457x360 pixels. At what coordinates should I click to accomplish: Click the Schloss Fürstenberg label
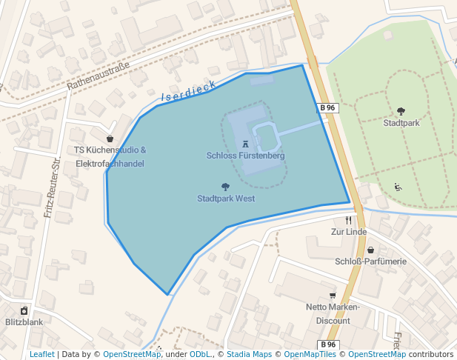pos(245,156)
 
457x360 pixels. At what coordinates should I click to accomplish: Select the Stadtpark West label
pos(226,199)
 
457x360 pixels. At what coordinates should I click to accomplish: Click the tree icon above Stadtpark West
pos(226,187)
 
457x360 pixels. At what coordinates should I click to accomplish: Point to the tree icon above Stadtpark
pos(401,112)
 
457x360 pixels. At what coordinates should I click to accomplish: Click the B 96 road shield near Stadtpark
pos(328,108)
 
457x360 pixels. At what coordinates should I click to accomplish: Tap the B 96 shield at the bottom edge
pos(328,344)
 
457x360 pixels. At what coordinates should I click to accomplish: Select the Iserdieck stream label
pos(188,91)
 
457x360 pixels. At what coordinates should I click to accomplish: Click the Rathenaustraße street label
pos(98,76)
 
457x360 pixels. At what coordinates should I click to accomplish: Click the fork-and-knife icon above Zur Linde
pos(348,221)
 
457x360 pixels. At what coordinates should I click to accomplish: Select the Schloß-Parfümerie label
pos(370,261)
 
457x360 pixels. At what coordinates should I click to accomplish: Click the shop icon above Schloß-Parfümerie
pos(370,250)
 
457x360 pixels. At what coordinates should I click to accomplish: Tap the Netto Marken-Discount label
pos(333,314)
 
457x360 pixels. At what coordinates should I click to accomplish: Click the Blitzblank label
pos(24,322)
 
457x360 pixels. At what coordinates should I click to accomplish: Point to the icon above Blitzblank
pos(24,311)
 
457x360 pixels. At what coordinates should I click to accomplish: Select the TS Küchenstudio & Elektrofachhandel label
pos(110,156)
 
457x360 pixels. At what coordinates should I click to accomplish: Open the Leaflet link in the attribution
pos(41,354)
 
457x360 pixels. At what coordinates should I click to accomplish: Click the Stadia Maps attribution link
pos(249,354)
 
